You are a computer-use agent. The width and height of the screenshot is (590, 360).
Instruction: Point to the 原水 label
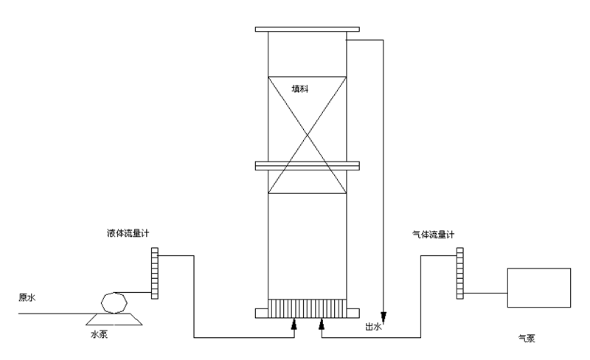[27, 299]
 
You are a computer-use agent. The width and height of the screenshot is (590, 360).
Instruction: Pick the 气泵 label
[527, 339]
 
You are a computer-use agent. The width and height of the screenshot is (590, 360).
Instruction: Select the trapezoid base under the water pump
[114, 318]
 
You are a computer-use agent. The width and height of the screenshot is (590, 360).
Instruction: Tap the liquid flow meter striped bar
[155, 274]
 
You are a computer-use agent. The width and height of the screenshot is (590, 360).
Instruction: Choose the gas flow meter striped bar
[459, 274]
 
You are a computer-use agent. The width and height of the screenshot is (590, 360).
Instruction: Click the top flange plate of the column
[307, 30]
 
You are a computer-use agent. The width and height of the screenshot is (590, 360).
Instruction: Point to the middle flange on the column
[307, 165]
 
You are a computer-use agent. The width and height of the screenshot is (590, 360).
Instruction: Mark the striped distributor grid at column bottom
[307, 308]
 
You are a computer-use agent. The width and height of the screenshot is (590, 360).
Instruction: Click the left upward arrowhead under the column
[294, 323]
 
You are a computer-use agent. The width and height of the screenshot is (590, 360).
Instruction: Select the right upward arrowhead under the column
[322, 323]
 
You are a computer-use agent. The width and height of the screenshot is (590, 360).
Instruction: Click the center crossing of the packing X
[307, 134]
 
